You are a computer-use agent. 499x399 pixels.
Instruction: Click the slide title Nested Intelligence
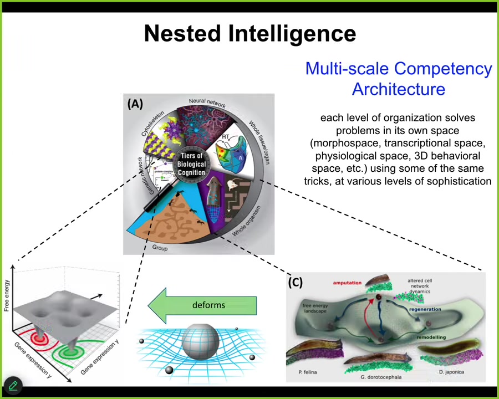pos(249,33)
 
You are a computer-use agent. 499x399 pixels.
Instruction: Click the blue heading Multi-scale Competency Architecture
pos(398,79)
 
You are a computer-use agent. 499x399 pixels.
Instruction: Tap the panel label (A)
pos(135,104)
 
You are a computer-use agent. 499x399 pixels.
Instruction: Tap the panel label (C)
pos(296,283)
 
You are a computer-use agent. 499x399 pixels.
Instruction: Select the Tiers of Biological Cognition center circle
pos(192,165)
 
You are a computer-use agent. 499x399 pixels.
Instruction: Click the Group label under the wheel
pos(160,248)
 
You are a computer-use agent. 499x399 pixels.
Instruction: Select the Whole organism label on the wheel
pos(246,221)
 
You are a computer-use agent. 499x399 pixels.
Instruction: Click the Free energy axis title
pos(7,291)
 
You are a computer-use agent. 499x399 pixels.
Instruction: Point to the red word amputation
pos(347,283)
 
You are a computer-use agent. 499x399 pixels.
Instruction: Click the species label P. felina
pos(306,372)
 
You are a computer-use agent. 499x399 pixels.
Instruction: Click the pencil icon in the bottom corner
pos(13,386)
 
